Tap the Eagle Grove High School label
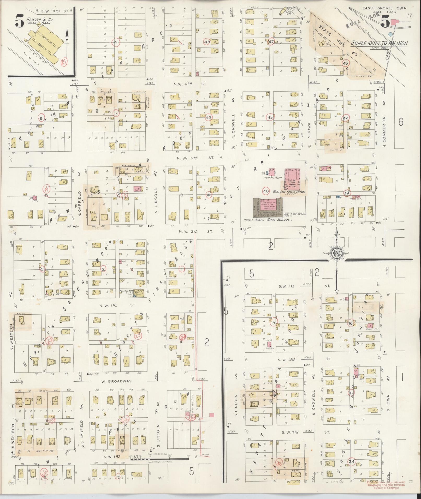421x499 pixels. tap(266, 220)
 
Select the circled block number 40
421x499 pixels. tap(266, 191)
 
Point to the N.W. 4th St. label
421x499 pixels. tap(190, 84)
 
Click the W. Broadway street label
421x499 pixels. tap(116, 381)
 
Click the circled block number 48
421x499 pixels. tap(207, 42)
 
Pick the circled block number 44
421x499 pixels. tap(346, 118)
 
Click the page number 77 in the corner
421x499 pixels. tap(409, 15)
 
